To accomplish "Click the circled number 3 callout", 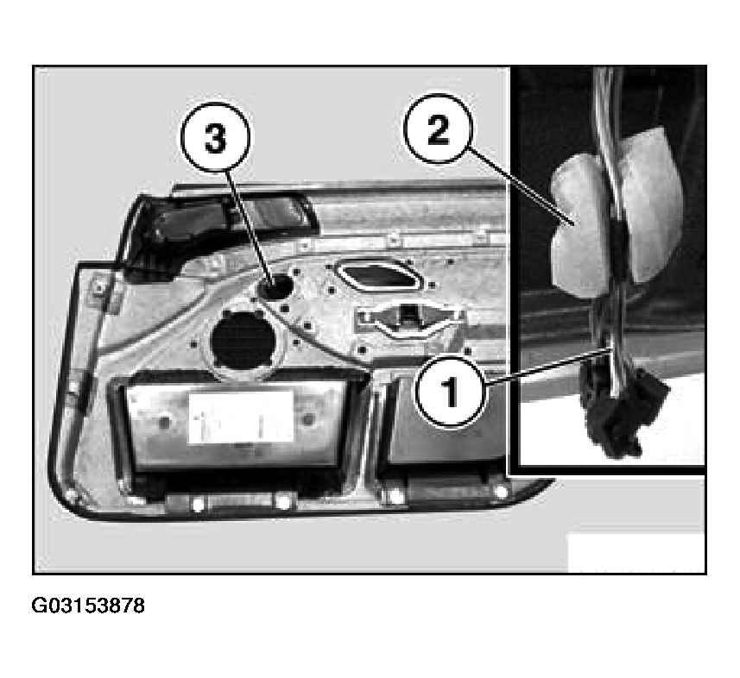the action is [215, 138].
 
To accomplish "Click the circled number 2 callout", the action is [439, 129].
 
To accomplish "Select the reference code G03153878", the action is [88, 606].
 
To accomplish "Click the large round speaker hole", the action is [244, 341].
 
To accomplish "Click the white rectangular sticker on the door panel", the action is [241, 417].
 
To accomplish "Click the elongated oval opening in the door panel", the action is [377, 275].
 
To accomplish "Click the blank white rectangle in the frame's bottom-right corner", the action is [636, 552].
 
